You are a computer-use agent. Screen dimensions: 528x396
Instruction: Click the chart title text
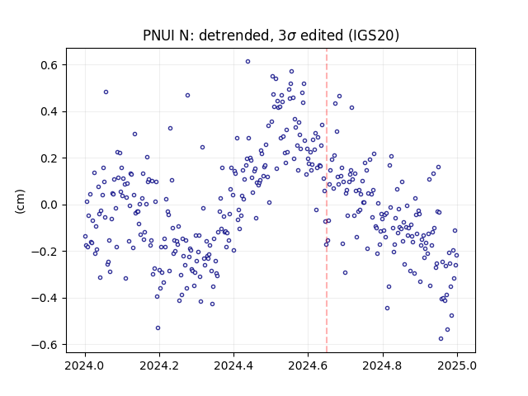point(271,35)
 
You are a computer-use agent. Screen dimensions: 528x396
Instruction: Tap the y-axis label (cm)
point(20,201)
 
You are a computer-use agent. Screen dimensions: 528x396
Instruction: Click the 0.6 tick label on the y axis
point(49,65)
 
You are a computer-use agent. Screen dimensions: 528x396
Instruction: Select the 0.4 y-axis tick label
point(49,111)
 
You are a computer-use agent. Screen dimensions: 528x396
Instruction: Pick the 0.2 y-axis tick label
point(49,158)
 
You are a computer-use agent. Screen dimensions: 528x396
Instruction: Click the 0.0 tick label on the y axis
point(49,205)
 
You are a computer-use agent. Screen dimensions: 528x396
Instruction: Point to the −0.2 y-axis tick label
point(45,252)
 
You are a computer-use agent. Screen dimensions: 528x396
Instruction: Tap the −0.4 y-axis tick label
point(45,298)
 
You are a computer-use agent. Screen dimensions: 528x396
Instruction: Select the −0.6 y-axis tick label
point(45,345)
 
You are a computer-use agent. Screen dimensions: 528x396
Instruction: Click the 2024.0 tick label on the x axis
point(85,365)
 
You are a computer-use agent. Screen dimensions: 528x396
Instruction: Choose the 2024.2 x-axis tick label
point(159,365)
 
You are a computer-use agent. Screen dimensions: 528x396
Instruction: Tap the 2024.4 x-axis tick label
point(233,365)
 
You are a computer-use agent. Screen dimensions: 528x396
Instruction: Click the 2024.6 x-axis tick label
point(308,365)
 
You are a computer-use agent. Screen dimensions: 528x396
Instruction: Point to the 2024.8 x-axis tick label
point(383,365)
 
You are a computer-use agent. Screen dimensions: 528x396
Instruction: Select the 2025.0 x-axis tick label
point(457,365)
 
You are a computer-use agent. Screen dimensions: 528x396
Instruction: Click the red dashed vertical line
point(327,200)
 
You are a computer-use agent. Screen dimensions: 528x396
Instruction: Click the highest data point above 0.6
point(247,62)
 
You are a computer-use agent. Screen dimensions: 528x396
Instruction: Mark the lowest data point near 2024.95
point(441,339)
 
